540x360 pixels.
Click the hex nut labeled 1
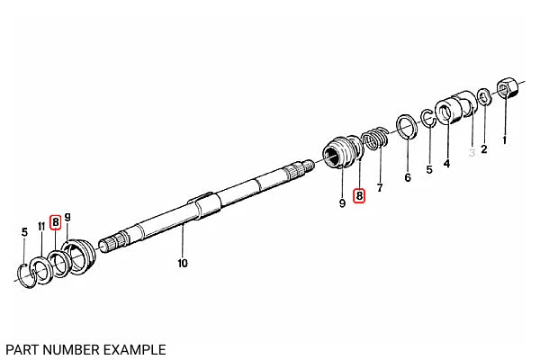tap(508, 87)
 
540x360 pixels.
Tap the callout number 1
tap(505, 140)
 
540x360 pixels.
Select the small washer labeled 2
tap(484, 97)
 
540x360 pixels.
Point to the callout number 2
tap(484, 149)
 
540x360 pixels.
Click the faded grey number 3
tap(472, 152)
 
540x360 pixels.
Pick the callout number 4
tap(446, 163)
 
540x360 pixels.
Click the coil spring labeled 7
tap(375, 138)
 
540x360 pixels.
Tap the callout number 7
tap(380, 188)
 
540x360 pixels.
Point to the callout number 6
tap(408, 177)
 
